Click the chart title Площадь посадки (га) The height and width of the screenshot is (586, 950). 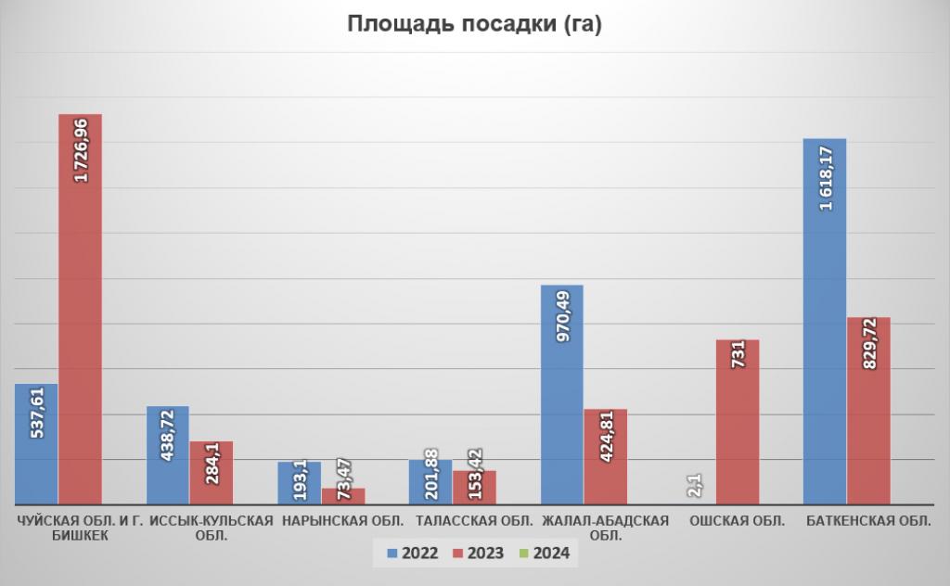pyautogui.click(x=474, y=25)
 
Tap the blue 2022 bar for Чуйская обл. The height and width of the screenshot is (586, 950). pyautogui.click(x=36, y=444)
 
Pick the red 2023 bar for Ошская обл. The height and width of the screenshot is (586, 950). pyautogui.click(x=737, y=422)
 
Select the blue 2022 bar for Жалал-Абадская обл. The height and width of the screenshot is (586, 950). pyautogui.click(x=561, y=394)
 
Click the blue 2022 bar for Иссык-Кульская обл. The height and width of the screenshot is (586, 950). pyautogui.click(x=167, y=455)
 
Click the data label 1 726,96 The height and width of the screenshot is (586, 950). pyautogui.click(x=81, y=148)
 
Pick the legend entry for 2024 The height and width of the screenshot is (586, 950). pyautogui.click(x=546, y=554)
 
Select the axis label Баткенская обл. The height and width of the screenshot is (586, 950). pyautogui.click(x=868, y=520)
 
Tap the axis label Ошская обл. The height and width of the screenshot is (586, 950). pyautogui.click(x=737, y=520)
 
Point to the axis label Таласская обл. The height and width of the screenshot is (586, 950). pyautogui.click(x=474, y=520)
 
